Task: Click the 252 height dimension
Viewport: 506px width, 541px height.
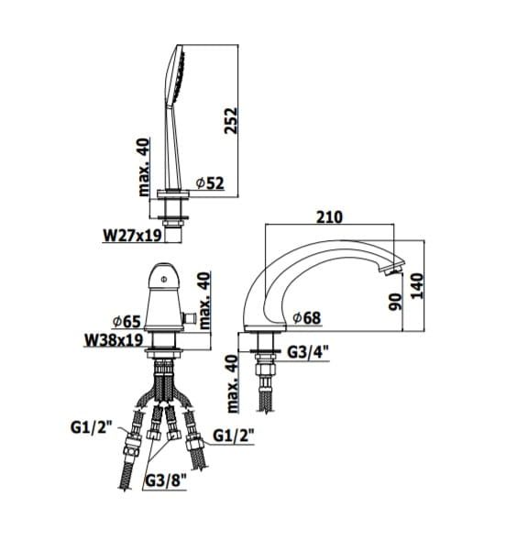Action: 231,120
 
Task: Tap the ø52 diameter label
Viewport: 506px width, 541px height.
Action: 210,183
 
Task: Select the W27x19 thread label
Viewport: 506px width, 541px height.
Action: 132,236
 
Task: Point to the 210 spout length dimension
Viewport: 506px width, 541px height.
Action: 330,217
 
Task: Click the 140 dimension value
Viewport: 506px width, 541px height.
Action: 417,286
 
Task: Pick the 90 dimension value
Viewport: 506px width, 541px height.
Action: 395,302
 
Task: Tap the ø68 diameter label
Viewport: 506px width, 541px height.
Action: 307,318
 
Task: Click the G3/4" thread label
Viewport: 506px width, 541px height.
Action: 308,352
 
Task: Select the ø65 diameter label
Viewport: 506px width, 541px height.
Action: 126,321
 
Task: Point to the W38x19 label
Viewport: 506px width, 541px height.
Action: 114,340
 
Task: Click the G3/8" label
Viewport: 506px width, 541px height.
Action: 166,480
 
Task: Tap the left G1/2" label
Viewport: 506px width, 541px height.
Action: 92,427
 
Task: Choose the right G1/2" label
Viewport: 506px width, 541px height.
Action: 234,436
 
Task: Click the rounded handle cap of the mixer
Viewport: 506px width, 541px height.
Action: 164,276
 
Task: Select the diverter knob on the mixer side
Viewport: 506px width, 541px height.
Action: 190,318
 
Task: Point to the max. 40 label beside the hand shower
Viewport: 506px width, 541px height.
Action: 145,167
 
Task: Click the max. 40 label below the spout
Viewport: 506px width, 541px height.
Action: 233,383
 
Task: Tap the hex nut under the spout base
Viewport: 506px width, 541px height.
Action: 266,370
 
